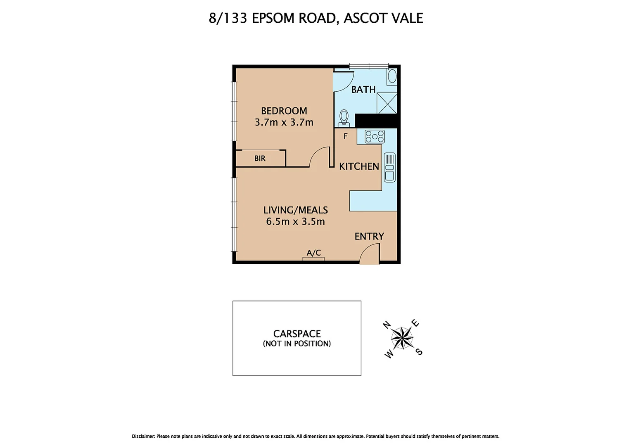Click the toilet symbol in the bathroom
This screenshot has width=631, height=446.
(x=344, y=118)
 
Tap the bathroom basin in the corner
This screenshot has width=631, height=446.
(x=392, y=76)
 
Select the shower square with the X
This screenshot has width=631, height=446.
(x=387, y=103)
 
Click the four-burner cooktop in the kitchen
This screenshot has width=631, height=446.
(x=375, y=136)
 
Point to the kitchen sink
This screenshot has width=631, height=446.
(x=389, y=167)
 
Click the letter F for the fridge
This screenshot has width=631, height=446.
(x=345, y=136)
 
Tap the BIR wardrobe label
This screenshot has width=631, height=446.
(x=260, y=159)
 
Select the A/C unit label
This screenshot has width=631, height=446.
(x=313, y=253)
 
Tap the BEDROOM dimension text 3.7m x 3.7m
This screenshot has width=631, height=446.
(x=284, y=122)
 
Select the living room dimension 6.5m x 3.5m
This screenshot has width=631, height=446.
(x=295, y=221)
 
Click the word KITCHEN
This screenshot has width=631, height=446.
(x=359, y=166)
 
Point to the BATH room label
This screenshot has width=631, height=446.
(x=363, y=90)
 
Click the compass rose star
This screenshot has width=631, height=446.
(x=402, y=338)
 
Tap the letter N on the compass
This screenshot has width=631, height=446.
(x=387, y=325)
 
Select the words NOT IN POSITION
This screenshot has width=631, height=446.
(x=297, y=344)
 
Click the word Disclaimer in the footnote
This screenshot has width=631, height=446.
(x=143, y=436)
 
